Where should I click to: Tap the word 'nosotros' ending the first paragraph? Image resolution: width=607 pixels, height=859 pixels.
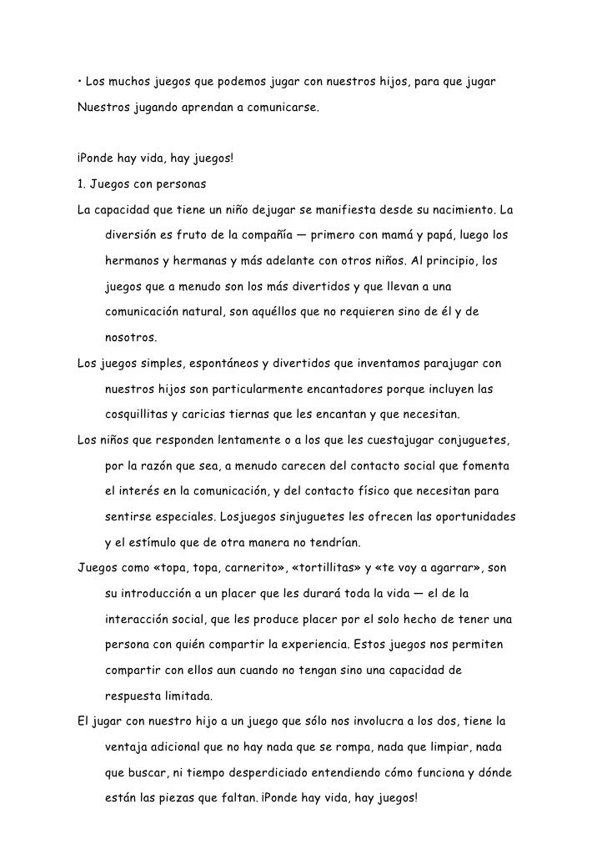129,339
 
